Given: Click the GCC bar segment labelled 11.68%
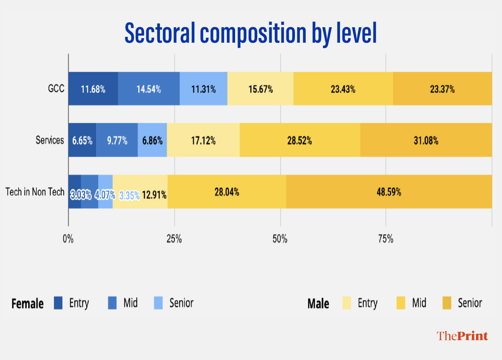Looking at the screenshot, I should pos(93,89).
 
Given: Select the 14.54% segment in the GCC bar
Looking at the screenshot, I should pos(149,89).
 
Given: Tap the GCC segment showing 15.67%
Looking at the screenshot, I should pos(260,89).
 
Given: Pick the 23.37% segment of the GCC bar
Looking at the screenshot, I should pos(442,89).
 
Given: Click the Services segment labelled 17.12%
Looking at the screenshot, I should pos(203,140).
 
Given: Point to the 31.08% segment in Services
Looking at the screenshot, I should pos(426,140).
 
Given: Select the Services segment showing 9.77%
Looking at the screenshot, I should pos(117,140).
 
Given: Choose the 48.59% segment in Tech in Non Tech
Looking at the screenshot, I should pos(389,192).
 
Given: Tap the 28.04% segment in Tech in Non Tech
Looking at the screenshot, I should pos(227,192).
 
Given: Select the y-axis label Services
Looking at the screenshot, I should pos(50,140).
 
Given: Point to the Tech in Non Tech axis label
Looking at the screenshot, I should pos(35,192).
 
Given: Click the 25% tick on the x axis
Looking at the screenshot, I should pos(174,239).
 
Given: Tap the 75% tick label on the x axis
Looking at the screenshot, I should pos(386,239).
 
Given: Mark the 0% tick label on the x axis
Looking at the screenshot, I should pos(68,239).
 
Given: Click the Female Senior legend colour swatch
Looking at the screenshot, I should pos(158,303).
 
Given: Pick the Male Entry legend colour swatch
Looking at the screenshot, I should pos(347,303).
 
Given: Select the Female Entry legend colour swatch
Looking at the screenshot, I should pos(58,303).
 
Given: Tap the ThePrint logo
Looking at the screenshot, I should pos(462,336).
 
